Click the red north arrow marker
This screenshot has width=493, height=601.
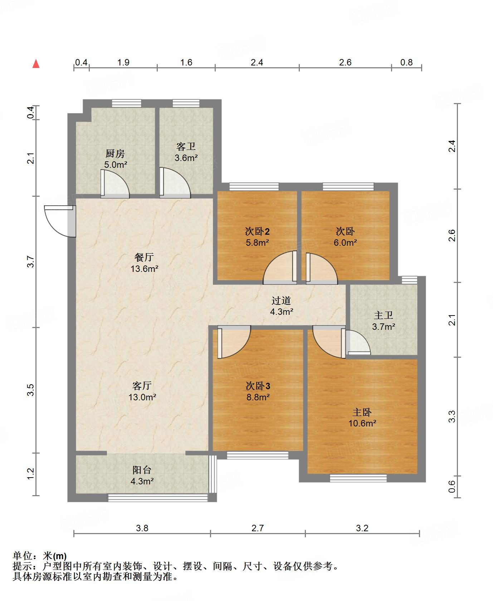click(x=36, y=64)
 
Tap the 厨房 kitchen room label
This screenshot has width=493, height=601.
click(x=115, y=154)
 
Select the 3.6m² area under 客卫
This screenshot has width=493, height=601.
click(x=186, y=158)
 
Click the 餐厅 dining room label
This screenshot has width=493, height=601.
click(x=144, y=257)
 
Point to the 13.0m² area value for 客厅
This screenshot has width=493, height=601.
click(x=142, y=397)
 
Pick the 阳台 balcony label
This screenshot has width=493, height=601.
click(x=142, y=470)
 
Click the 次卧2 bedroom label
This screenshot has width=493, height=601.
click(x=257, y=231)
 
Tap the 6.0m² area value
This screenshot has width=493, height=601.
click(x=345, y=243)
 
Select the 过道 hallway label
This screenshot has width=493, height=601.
click(x=281, y=300)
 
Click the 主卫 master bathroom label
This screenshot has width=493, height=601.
click(x=384, y=315)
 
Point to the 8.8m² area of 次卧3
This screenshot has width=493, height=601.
click(x=258, y=397)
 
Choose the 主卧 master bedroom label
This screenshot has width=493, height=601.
click(x=362, y=412)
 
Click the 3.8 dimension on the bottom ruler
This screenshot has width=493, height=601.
click(x=142, y=528)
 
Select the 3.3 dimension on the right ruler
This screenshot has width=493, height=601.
click(x=452, y=416)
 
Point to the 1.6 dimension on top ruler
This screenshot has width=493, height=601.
click(x=186, y=63)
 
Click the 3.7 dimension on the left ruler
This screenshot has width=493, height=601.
click(x=31, y=262)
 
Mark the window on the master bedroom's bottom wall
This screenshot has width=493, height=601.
click(x=358, y=478)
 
